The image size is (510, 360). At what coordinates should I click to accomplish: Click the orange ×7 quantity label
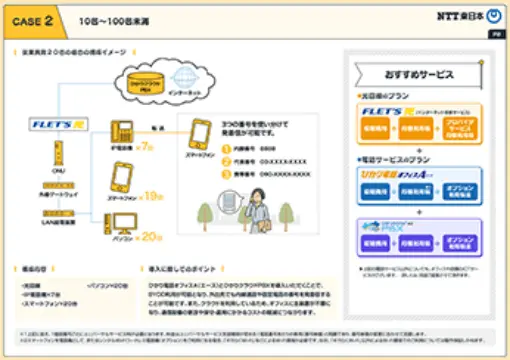tap(147, 146)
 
